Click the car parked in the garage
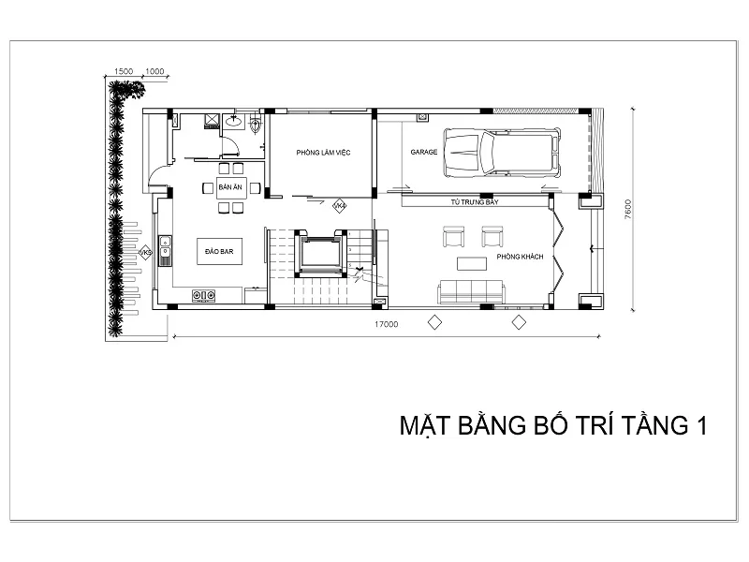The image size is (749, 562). [x=502, y=152]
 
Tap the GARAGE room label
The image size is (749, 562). [x=424, y=152]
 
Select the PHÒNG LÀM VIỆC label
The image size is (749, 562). [x=323, y=152]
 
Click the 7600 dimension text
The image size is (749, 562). [x=628, y=208]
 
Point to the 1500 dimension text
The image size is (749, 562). [x=124, y=71]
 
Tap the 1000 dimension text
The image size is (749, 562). [x=155, y=71]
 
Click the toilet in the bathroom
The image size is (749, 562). [x=256, y=123]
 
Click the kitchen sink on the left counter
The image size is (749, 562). [x=165, y=249]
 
